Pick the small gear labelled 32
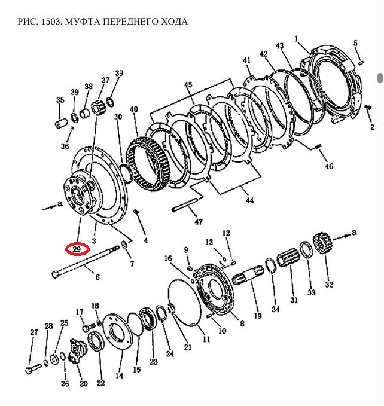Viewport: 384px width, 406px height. pyautogui.click(x=323, y=246)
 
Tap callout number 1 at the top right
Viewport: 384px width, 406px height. pyautogui.click(x=296, y=38)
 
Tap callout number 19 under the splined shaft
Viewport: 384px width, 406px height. pyautogui.click(x=258, y=315)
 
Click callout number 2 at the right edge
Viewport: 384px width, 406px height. pyautogui.click(x=372, y=127)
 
